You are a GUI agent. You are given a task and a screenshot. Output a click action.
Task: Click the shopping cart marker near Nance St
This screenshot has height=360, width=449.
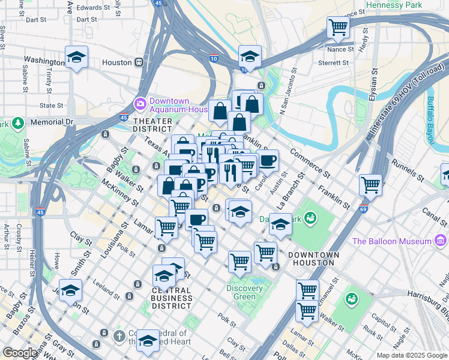point(338,28)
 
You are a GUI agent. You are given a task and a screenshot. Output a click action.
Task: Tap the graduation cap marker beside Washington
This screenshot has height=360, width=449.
point(76,58)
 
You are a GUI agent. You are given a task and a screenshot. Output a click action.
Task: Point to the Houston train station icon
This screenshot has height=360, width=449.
point(139,62)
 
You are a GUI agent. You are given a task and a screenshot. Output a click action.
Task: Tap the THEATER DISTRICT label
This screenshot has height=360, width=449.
point(152,125)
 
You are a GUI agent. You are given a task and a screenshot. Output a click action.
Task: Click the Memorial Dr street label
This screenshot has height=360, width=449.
point(51,121)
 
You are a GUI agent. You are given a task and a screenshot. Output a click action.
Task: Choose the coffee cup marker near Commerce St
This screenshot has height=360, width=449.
point(268,160)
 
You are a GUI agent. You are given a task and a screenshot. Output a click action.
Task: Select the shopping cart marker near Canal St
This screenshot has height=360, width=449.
point(371,184)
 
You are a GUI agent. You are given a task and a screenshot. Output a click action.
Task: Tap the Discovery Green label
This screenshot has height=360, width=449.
point(245,292)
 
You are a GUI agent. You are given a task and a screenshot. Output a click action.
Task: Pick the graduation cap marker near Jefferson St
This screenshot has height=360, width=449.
point(70,290)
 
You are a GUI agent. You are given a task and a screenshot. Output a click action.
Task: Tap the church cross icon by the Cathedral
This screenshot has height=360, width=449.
point(119,335)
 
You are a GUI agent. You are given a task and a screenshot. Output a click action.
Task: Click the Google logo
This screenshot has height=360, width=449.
point(19,353)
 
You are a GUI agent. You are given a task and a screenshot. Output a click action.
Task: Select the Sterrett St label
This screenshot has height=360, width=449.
point(334,62)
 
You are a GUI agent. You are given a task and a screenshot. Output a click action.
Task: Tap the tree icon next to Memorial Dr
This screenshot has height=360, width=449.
point(18,124)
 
